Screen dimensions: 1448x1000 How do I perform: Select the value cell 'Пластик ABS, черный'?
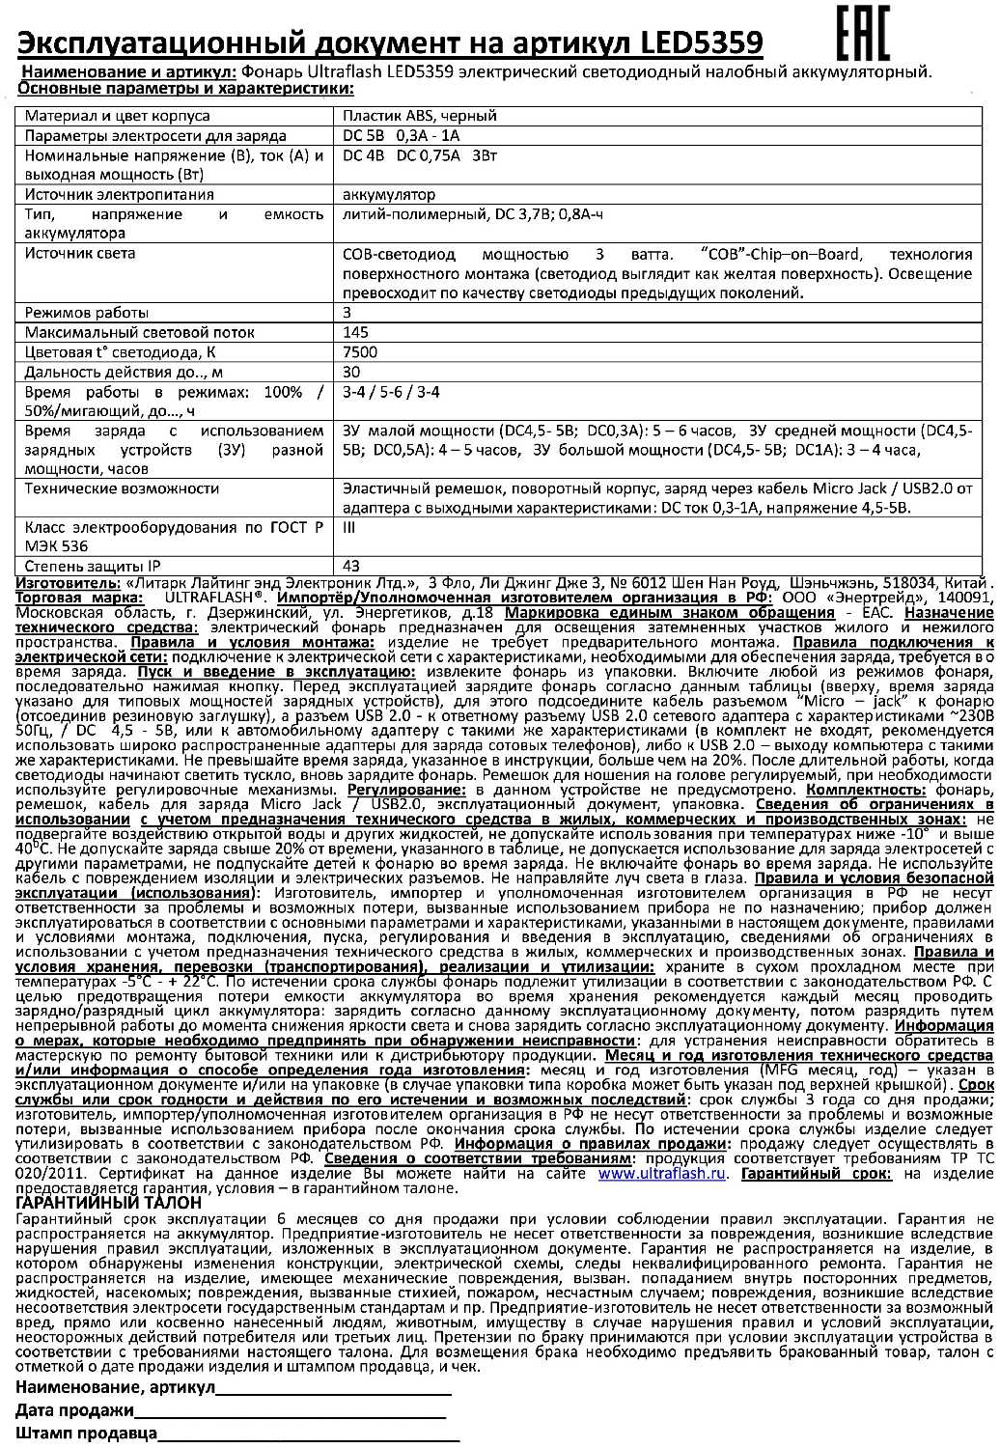click(x=420, y=116)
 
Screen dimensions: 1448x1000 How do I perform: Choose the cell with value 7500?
click(x=360, y=352)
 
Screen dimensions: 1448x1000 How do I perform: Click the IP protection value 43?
click(x=351, y=566)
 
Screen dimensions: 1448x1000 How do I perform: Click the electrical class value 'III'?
click(x=349, y=528)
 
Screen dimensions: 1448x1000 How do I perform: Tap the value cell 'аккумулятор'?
click(x=389, y=195)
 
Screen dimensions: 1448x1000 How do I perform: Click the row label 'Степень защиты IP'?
click(x=93, y=566)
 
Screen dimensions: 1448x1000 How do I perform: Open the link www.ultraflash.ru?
click(x=661, y=1174)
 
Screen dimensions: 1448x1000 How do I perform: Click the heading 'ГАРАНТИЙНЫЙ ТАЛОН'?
click(x=110, y=1203)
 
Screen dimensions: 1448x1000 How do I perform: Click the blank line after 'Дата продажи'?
click(x=290, y=1413)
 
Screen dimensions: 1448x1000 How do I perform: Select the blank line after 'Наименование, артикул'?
click(x=333, y=1391)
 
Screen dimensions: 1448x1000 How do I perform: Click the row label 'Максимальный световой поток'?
click(x=127, y=332)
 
